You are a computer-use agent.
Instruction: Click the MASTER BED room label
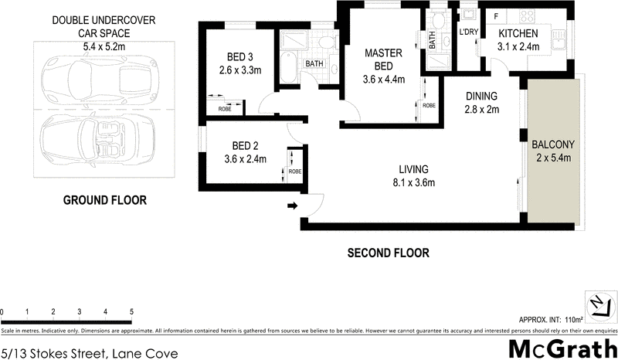[x=385, y=59]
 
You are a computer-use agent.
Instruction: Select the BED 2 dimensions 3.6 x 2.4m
[x=240, y=160]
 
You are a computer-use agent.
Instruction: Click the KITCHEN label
[x=518, y=34]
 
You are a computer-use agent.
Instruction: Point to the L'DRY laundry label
[x=470, y=33]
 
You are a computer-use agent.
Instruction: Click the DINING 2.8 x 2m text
[x=482, y=103]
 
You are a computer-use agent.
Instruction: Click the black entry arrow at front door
[x=293, y=205]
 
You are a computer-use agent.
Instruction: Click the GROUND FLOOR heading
[x=104, y=201]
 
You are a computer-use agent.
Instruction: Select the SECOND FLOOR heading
[x=388, y=253]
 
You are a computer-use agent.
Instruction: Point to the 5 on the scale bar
[x=131, y=311]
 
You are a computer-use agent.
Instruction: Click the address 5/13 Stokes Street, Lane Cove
[x=90, y=353]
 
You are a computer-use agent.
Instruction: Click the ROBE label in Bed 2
[x=295, y=172]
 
